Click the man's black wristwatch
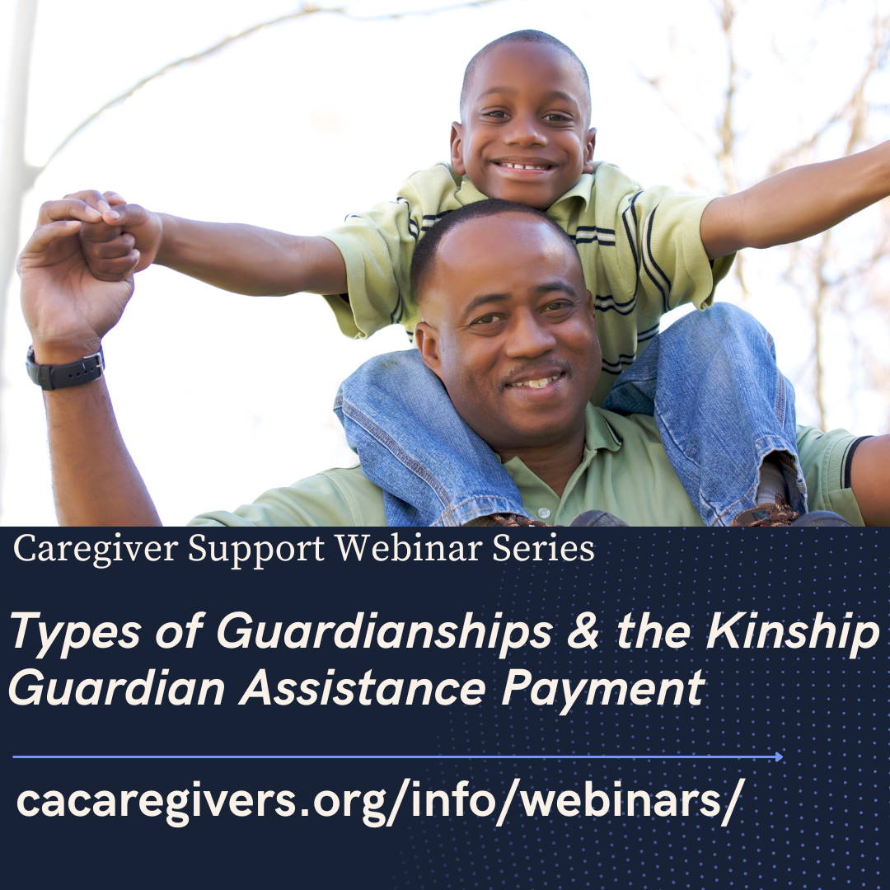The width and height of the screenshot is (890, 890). (65, 369)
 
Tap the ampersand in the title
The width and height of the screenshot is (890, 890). (583, 631)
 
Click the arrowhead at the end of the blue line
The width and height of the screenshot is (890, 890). (780, 756)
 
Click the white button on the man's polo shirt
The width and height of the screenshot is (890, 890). (544, 513)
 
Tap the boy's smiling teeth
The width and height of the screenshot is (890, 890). (523, 166)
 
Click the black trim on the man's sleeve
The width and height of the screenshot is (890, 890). (855, 461)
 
